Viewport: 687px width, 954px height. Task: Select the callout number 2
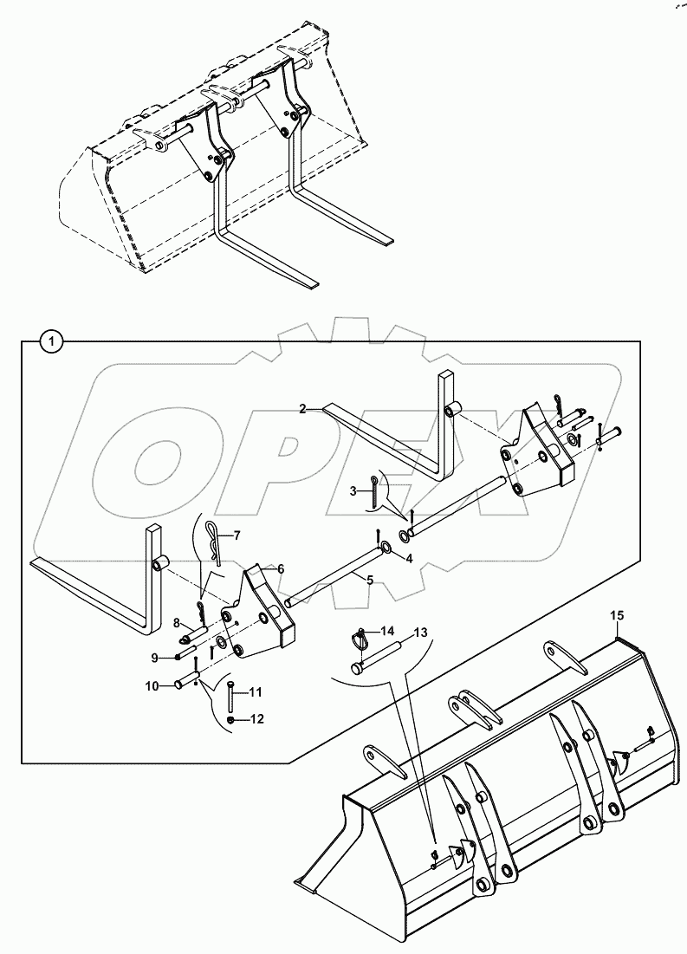click(303, 408)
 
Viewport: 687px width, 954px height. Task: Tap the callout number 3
click(353, 491)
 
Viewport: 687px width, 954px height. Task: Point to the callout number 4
click(410, 558)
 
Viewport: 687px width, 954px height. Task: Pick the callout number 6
click(279, 568)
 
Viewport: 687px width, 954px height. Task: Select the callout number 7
click(237, 536)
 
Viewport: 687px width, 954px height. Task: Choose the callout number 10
click(152, 686)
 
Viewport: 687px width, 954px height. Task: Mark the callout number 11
click(256, 691)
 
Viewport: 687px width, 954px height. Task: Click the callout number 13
click(419, 633)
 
